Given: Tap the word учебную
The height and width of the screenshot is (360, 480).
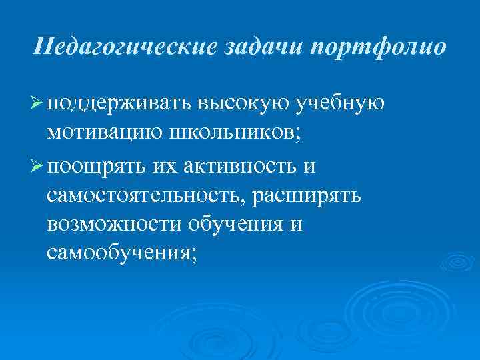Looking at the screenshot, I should [x=342, y=105].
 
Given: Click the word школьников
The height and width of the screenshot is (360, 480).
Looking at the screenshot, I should [x=234, y=135].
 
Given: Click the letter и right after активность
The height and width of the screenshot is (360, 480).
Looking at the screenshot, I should [x=308, y=166].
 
